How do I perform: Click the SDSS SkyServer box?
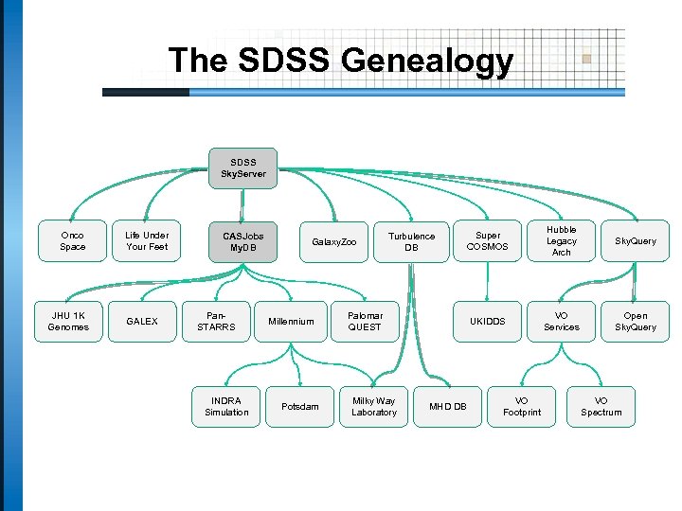click(243, 168)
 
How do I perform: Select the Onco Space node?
click(72, 241)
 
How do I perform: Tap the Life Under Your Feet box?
click(146, 241)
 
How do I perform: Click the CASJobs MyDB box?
click(243, 241)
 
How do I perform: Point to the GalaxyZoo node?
click(334, 242)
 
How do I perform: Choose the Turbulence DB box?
click(411, 241)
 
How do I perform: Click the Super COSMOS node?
click(488, 241)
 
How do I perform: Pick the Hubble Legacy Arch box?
click(561, 241)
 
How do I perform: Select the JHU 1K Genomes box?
click(68, 322)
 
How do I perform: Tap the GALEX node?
click(142, 322)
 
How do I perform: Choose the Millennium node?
click(291, 322)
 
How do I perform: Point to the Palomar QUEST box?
click(365, 322)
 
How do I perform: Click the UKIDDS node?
click(488, 322)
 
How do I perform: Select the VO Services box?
click(561, 322)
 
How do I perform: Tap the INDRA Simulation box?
click(226, 406)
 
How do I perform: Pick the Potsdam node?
click(300, 406)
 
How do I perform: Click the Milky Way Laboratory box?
click(374, 406)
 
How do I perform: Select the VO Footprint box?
click(521, 406)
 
